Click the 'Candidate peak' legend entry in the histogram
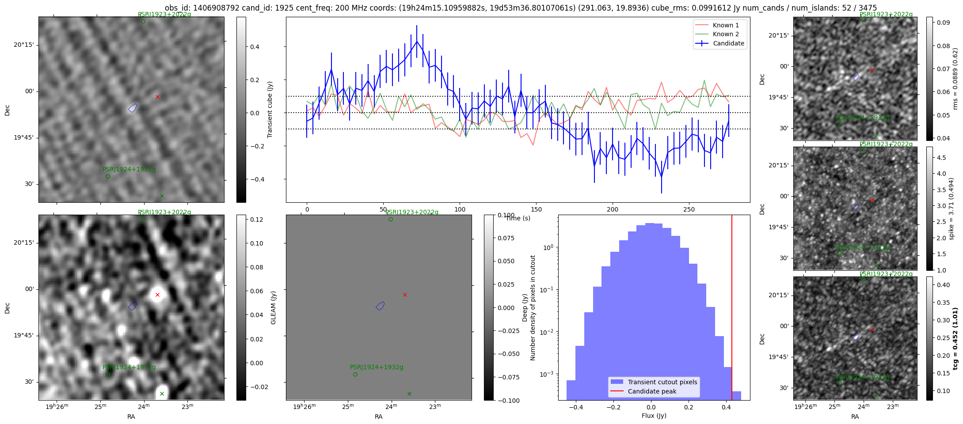coord(652,391)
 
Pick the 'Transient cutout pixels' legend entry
coord(662,382)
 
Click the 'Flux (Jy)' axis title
coord(654,416)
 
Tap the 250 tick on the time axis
coord(689,209)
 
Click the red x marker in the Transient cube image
coord(157,97)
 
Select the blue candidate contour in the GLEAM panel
coord(133,306)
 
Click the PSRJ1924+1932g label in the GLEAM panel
coord(129,367)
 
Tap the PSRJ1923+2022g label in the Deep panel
coord(412,212)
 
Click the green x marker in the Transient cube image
coord(162,196)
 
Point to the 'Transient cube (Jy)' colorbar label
coord(270,110)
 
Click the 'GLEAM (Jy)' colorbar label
coord(273,307)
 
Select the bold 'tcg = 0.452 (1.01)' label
coord(956,338)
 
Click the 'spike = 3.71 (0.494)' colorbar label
coord(952,208)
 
